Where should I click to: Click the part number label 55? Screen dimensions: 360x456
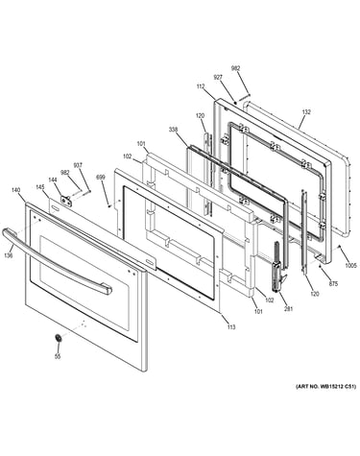(58, 356)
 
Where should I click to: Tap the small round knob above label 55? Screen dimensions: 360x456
(59, 338)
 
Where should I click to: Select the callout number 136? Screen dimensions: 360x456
(9, 255)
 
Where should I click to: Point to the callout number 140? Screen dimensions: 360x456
(15, 190)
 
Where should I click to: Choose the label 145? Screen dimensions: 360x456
(40, 187)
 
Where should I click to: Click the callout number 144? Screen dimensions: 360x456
(53, 180)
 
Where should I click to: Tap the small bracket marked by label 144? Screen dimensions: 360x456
(66, 200)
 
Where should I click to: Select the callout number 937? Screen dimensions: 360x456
(78, 165)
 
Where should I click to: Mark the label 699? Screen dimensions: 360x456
(101, 177)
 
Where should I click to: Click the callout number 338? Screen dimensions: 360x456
(174, 130)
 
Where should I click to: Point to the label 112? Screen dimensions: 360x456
(201, 85)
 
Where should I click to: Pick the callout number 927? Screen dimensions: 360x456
(218, 77)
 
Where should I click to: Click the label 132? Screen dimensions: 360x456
(306, 112)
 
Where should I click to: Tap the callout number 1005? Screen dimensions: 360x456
(350, 265)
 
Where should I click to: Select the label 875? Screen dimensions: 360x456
(333, 283)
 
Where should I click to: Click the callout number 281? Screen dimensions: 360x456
(289, 309)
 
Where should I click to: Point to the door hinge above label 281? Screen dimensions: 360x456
(277, 266)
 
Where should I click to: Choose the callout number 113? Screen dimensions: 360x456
(231, 326)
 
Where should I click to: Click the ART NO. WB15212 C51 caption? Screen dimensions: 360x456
(325, 387)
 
